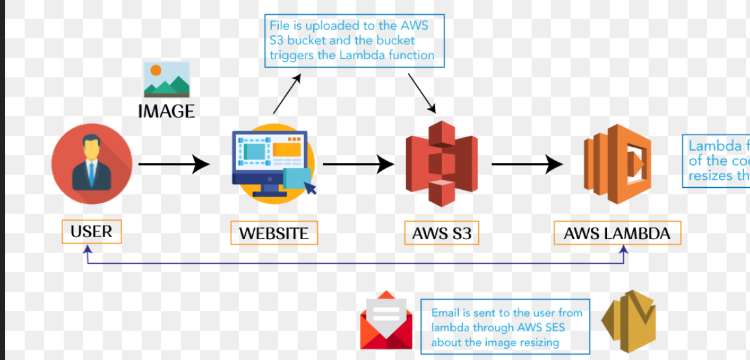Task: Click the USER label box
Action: [x=92, y=232]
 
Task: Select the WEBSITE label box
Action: [x=274, y=233]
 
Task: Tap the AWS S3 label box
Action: [x=441, y=233]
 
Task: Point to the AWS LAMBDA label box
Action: [x=617, y=233]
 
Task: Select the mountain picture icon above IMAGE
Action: [x=166, y=80]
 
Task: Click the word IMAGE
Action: [x=166, y=112]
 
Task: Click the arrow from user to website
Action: [x=174, y=164]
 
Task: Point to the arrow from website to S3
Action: [x=358, y=164]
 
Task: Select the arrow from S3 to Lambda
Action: [x=526, y=164]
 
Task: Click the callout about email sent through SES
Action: [x=505, y=328]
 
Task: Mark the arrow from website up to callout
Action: [x=287, y=94]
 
